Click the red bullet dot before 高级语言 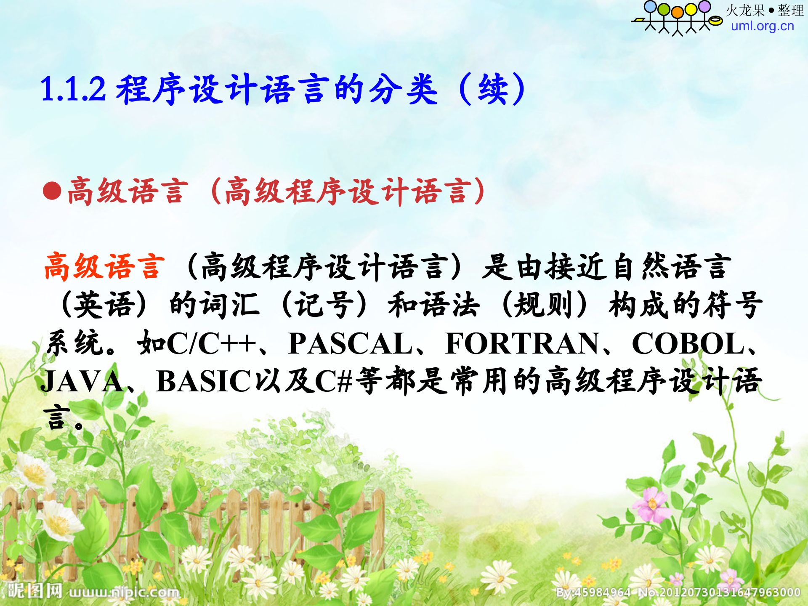click(52, 191)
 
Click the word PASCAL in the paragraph click(351, 344)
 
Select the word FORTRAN click(522, 344)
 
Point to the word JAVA click(82, 382)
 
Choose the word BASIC click(203, 382)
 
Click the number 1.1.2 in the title click(72, 89)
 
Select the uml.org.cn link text click(762, 26)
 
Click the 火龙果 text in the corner click(745, 11)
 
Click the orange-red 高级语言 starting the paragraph click(104, 267)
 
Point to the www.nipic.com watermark click(124, 593)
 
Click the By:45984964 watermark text click(593, 593)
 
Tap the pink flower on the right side click(652, 504)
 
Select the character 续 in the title click(492, 89)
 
